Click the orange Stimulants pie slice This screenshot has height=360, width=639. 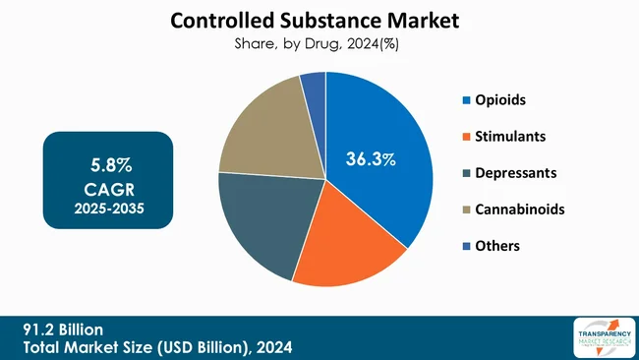click(344, 246)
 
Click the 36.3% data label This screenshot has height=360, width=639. click(371, 158)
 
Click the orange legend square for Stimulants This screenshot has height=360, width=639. click(465, 137)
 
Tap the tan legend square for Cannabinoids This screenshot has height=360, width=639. click(465, 209)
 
